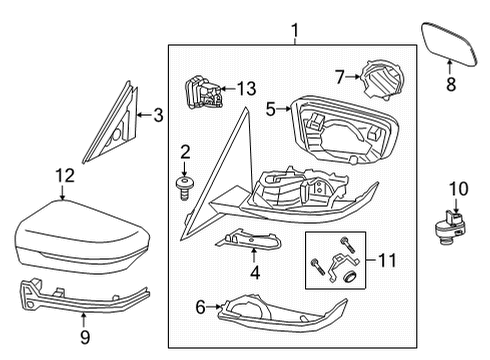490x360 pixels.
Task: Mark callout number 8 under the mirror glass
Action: coord(450,85)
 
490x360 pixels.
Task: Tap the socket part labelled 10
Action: coord(450,232)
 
